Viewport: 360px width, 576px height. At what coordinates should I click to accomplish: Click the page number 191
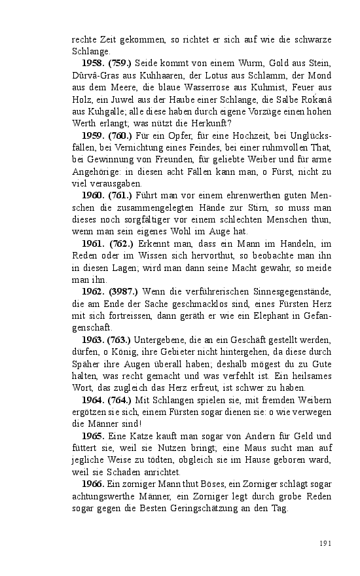326,543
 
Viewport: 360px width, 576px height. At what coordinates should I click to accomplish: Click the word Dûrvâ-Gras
96,75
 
